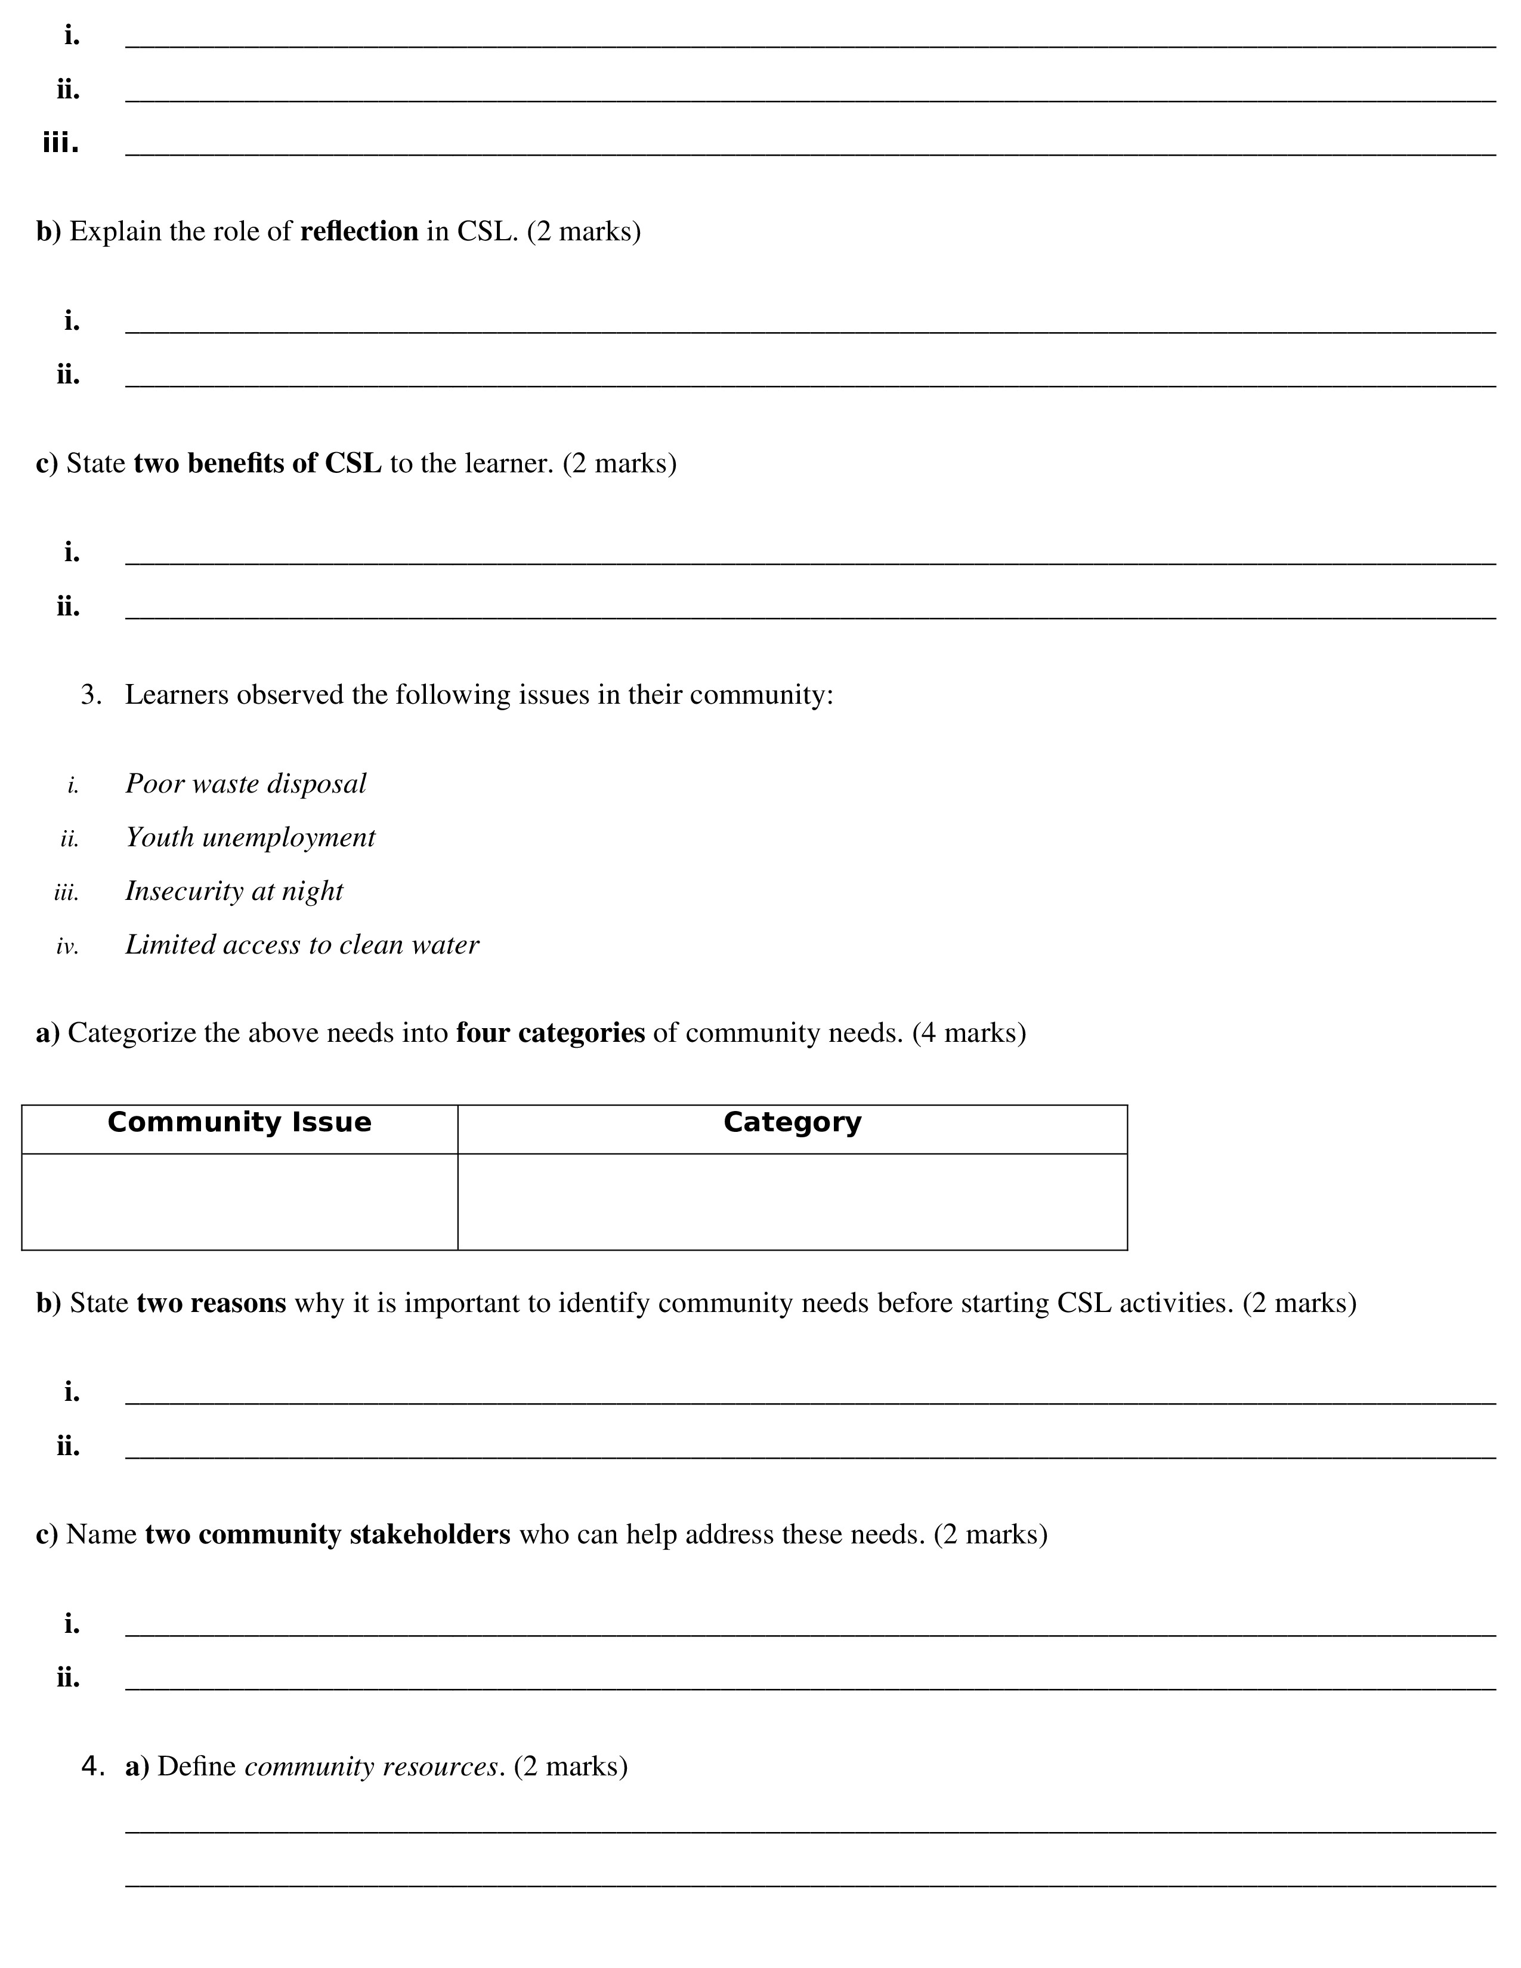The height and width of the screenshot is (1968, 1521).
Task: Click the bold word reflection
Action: click(x=358, y=231)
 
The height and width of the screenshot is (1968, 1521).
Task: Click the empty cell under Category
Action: click(x=792, y=1201)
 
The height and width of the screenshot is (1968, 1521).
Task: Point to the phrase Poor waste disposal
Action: click(x=245, y=783)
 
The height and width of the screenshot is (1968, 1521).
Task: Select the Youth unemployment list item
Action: click(x=249, y=837)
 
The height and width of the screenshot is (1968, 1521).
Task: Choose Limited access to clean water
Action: click(x=302, y=945)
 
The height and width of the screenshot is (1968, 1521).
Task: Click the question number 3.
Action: click(x=90, y=695)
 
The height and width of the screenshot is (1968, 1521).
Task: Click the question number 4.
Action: click(x=92, y=1766)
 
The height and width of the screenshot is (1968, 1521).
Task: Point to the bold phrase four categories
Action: click(x=550, y=1033)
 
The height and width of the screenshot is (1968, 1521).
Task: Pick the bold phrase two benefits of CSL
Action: click(x=257, y=463)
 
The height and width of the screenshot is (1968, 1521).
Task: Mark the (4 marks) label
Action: click(x=969, y=1033)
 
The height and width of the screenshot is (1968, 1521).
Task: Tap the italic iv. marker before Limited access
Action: click(x=67, y=946)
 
